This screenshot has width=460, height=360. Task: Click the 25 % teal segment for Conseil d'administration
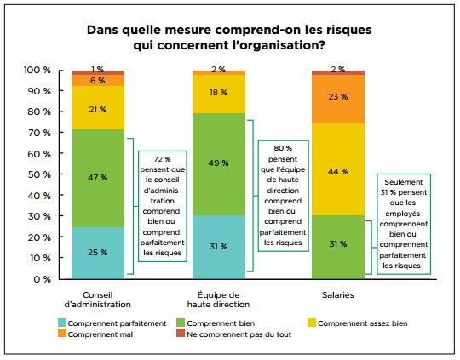pos(98,253)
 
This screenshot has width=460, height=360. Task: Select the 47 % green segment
pos(98,178)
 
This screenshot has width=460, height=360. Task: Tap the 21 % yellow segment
pos(98,107)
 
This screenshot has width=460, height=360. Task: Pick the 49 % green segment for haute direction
pos(219,164)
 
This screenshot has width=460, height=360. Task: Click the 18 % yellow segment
pos(219,94)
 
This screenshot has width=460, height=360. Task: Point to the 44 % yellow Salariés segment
pos(338,169)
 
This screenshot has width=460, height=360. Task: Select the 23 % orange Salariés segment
pos(338,99)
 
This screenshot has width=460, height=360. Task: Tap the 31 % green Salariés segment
pos(338,247)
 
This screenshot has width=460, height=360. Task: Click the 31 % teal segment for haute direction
pos(219,247)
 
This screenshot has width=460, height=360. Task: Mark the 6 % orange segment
pos(98,80)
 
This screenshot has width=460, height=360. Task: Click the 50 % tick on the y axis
pos(61,174)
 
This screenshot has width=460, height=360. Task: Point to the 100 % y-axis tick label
pos(37,70)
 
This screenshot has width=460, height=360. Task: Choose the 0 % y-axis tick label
pos(43,279)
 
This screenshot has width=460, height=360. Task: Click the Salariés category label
pos(338,295)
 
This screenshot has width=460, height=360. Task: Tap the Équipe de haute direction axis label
pos(219,300)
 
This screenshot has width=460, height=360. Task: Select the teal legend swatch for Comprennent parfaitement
pos(62,323)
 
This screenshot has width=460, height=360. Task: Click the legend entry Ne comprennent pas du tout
pos(234,334)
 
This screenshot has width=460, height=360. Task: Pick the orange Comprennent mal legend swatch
pos(62,333)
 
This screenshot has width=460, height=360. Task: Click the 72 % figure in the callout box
pos(162,159)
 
